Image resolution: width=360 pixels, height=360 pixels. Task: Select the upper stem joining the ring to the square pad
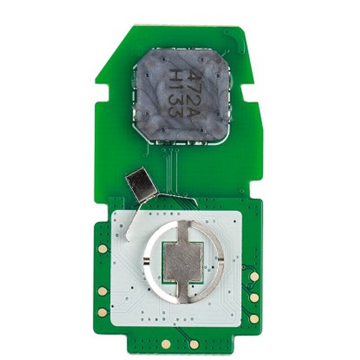pyautogui.click(x=184, y=231)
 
